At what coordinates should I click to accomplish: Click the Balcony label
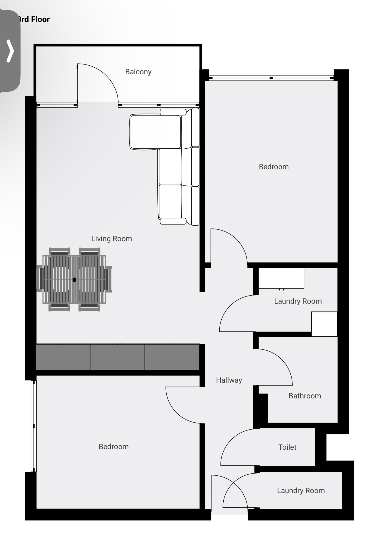[x=138, y=72]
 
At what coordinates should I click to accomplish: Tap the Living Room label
[x=112, y=239]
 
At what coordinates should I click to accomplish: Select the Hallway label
[x=229, y=380]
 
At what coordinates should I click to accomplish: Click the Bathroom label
[x=305, y=396]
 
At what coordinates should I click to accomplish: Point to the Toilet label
[x=287, y=447]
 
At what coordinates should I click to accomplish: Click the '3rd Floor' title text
[x=34, y=19]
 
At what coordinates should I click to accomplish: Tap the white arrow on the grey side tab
[x=10, y=51]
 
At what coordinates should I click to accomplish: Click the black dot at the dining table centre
[x=74, y=280]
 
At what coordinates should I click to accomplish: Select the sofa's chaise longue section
[x=156, y=132]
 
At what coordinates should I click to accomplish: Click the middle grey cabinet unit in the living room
[x=117, y=357]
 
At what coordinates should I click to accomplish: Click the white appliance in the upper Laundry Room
[x=281, y=278]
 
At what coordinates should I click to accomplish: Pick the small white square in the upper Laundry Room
[x=324, y=324]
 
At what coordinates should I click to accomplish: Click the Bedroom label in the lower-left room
[x=114, y=447]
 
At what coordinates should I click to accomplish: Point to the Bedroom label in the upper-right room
[x=274, y=167]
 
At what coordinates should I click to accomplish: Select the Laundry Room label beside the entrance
[x=301, y=490]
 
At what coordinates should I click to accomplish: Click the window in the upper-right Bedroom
[x=271, y=78]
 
